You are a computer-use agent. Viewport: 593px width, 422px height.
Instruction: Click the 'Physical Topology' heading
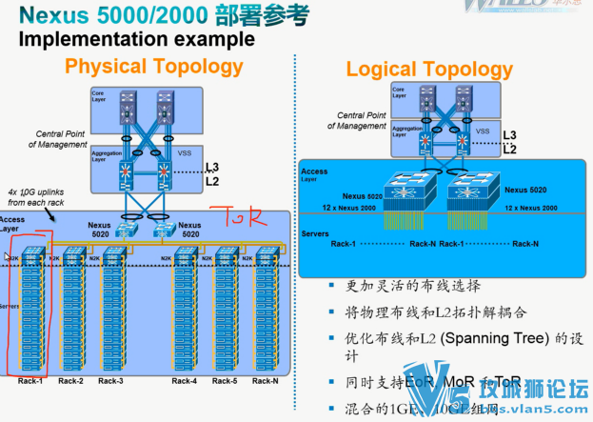pyautogui.click(x=153, y=67)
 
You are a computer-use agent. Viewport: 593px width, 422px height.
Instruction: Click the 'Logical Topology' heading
pyautogui.click(x=428, y=70)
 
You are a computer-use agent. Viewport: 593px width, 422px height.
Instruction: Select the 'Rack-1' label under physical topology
pyautogui.click(x=30, y=381)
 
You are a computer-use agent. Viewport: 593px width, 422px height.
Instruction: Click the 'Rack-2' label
pyautogui.click(x=70, y=381)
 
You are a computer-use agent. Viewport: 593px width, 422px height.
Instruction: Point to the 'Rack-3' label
pyautogui.click(x=111, y=381)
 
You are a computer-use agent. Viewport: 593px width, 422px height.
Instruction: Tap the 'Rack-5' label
pyautogui.click(x=225, y=381)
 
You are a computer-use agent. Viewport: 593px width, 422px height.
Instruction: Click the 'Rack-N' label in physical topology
pyautogui.click(x=267, y=381)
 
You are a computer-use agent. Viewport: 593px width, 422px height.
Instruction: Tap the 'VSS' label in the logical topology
pyautogui.click(x=484, y=131)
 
